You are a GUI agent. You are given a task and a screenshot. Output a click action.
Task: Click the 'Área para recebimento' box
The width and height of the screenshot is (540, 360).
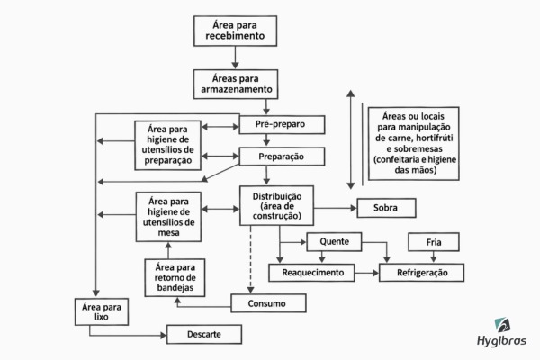(235, 31)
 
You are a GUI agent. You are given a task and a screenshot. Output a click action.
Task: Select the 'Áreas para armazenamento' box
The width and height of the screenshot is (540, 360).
(236, 85)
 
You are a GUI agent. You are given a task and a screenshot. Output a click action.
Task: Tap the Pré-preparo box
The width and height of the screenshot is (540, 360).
(282, 124)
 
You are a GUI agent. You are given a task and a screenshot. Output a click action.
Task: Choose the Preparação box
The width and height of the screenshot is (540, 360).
(282, 157)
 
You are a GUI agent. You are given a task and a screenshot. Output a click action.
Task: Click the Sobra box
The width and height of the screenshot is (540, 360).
(386, 208)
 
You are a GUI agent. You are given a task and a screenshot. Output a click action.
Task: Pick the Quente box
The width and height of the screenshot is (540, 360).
(334, 242)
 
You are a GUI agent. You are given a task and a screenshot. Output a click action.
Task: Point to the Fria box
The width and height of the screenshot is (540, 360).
(434, 242)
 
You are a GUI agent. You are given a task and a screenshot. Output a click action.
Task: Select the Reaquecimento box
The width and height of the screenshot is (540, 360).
(311, 273)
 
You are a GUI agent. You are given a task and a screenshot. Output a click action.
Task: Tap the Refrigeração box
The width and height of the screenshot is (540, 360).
(421, 273)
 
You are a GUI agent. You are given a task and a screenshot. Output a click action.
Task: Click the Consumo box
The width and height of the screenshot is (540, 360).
(268, 303)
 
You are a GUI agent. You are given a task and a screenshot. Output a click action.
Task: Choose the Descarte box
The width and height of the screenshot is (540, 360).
(204, 334)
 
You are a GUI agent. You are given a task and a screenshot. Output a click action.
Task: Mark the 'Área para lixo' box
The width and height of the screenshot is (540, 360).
(102, 311)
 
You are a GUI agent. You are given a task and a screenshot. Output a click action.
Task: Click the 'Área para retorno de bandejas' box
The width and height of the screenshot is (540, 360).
(175, 278)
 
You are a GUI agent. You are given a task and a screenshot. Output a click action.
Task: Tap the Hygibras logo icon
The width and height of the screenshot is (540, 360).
(502, 325)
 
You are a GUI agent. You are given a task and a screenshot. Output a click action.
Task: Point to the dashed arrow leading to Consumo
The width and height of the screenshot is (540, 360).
(251, 259)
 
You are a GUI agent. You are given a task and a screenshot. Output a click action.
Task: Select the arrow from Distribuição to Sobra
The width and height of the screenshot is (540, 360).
(336, 208)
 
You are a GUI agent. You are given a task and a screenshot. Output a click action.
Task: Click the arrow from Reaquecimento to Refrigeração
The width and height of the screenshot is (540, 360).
(367, 274)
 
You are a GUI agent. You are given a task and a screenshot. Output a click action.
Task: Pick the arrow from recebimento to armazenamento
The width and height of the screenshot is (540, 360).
(235, 58)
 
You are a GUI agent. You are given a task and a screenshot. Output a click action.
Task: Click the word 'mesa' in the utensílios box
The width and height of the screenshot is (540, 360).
(168, 233)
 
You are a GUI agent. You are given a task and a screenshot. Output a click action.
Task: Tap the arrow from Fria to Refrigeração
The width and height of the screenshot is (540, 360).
(434, 257)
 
